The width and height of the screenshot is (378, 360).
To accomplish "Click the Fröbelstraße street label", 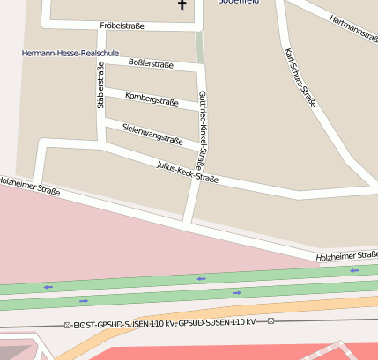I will click(122, 26).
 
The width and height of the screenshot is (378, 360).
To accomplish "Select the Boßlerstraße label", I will click(151, 63).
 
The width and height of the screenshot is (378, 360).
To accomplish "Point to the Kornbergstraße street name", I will click(152, 99).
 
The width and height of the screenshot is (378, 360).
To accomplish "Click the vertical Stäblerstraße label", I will click(100, 85).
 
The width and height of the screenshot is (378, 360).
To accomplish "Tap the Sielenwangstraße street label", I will click(152, 134).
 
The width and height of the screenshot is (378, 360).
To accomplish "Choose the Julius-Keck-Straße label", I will click(187, 172).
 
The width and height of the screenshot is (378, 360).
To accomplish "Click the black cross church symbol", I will click(182, 4).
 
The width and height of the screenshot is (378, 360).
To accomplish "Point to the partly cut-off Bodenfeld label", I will click(239, 3).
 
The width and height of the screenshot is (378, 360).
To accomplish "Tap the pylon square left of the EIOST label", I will click(67, 325).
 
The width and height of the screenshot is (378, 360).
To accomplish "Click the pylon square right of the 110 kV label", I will click(271, 320).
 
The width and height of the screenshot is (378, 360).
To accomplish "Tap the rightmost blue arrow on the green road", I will click(354, 271).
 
